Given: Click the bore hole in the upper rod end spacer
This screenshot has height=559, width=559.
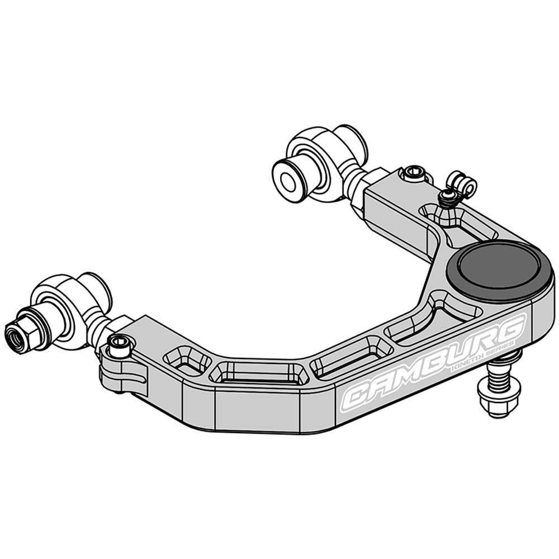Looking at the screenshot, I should (x=289, y=182).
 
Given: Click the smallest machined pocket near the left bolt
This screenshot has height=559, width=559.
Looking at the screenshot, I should (x=187, y=360).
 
